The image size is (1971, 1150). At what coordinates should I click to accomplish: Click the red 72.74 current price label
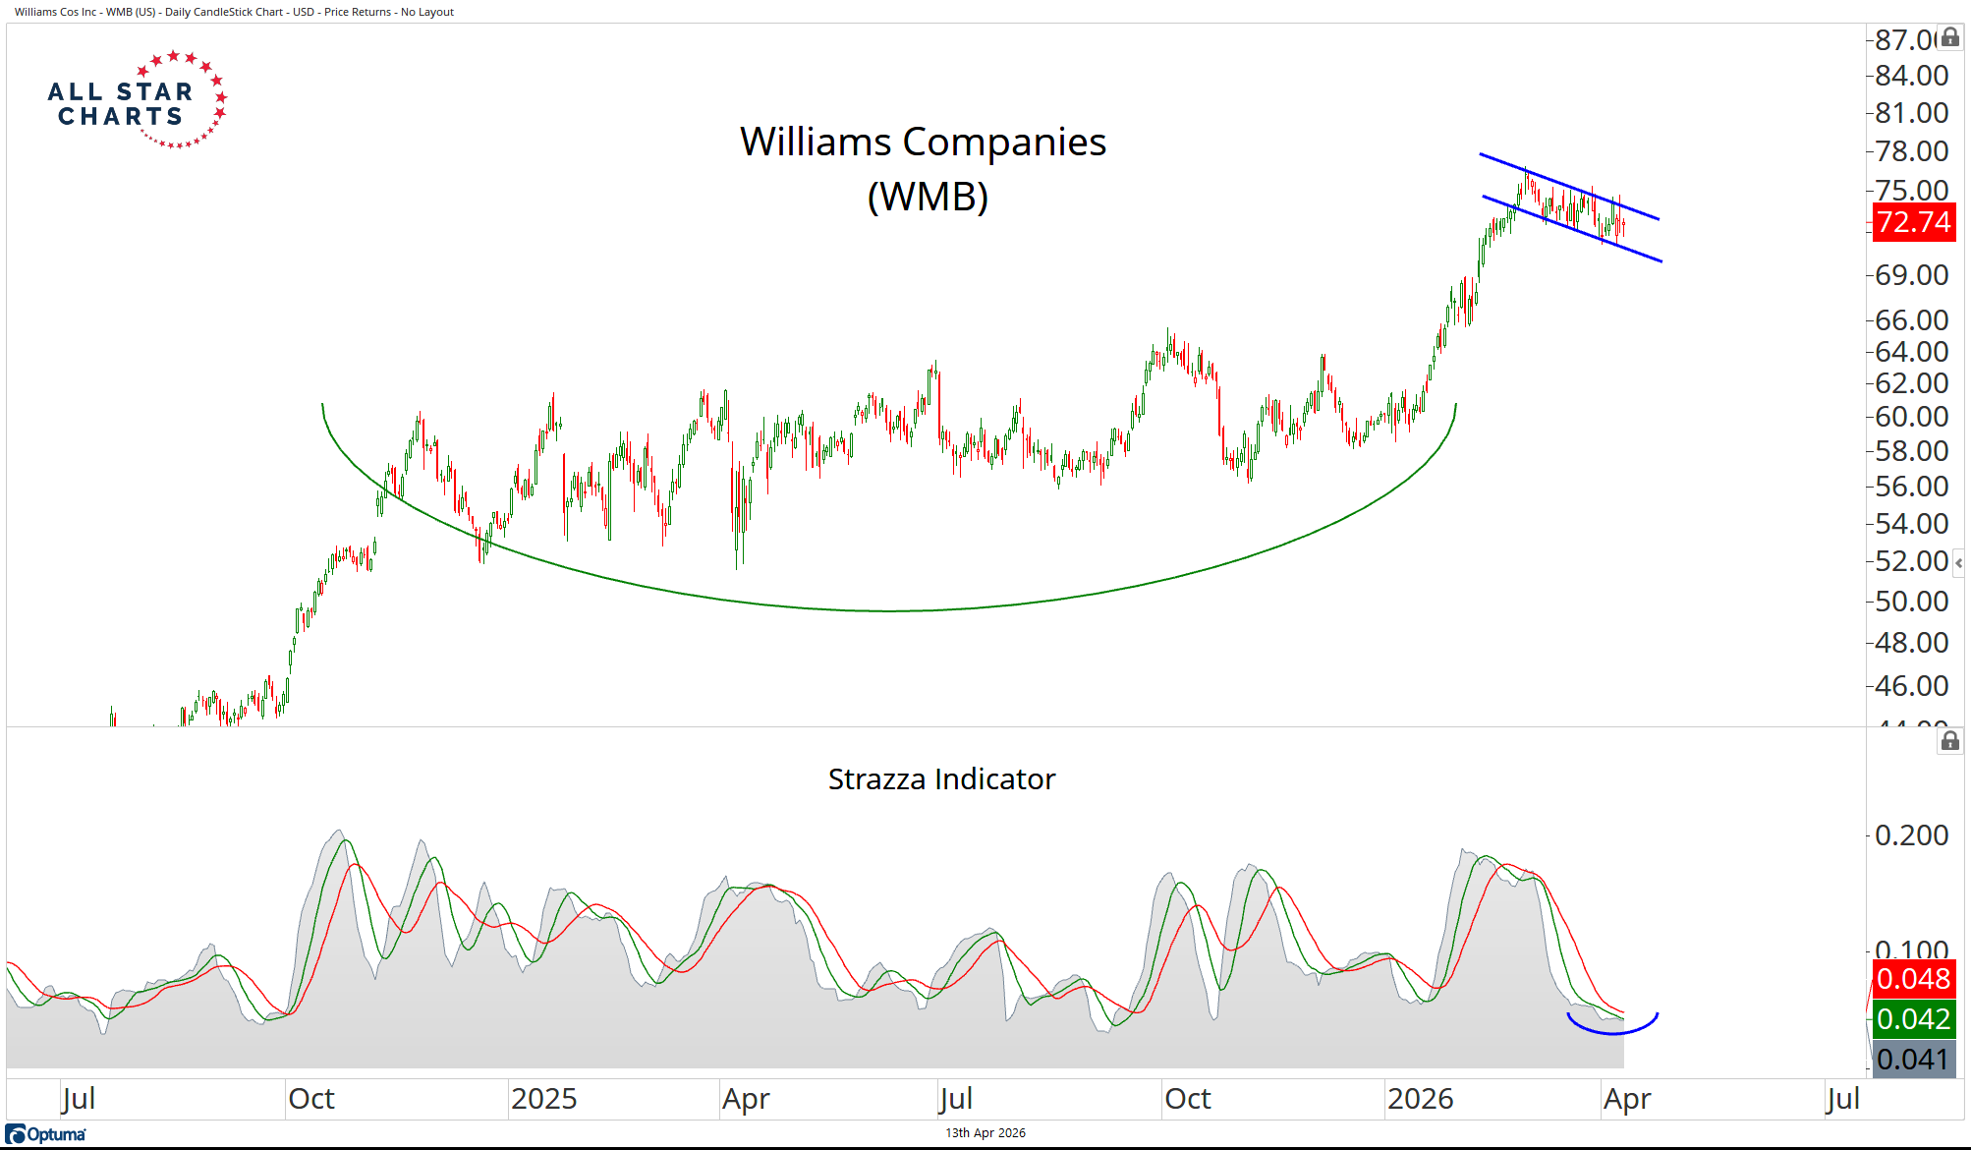1913,222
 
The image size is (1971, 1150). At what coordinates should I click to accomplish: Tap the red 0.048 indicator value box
1913,979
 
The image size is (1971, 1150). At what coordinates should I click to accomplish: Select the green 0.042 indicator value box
1913,1019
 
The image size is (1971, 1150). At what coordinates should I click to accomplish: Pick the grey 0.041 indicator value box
1913,1060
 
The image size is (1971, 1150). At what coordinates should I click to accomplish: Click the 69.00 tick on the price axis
1911,275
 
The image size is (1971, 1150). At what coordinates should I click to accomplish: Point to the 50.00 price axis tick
1911,601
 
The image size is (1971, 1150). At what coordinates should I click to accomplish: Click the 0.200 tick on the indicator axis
1911,835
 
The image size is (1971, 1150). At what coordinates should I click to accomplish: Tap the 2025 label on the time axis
543,1099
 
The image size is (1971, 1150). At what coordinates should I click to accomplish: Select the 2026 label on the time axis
1420,1099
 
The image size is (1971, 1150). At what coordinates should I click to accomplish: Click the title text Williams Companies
923,143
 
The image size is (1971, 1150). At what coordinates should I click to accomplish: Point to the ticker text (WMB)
928,197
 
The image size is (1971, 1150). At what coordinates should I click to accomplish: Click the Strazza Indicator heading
941,779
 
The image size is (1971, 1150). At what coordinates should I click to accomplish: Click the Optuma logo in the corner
46,1134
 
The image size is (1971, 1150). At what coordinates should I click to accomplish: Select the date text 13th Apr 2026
985,1133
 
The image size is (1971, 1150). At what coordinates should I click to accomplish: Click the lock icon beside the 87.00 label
1950,37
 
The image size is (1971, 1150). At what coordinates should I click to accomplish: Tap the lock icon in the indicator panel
1950,741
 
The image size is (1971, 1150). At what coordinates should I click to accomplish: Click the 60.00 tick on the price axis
1911,417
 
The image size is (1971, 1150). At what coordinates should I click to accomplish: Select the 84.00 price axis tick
1911,76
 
